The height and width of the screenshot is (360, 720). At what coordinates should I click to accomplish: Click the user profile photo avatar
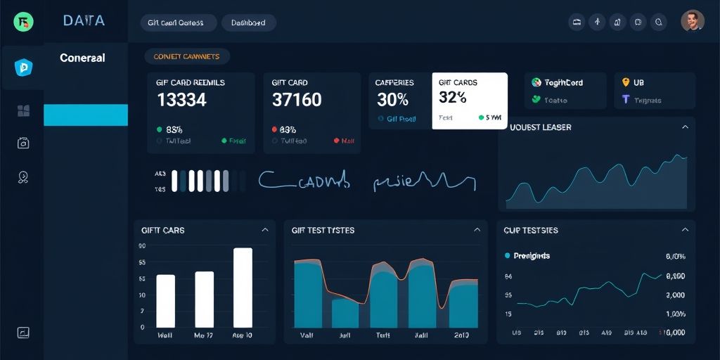[x=693, y=21]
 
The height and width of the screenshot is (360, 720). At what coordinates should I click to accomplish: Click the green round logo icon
[x=23, y=22]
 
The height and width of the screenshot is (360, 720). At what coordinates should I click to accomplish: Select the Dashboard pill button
[x=249, y=22]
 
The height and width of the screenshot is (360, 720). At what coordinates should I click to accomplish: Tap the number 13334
[x=181, y=100]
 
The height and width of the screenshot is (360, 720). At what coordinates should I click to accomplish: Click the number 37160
[x=296, y=100]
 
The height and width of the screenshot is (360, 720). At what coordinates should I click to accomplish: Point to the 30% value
[x=392, y=100]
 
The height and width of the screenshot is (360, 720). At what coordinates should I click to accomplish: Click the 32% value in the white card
[x=453, y=98]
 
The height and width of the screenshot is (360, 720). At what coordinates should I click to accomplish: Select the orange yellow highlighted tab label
[x=186, y=56]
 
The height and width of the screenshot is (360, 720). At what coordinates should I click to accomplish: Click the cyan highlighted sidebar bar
[x=86, y=115]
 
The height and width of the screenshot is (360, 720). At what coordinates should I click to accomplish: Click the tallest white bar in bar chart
[x=243, y=288]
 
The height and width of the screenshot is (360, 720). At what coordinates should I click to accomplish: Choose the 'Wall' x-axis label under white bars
[x=166, y=336]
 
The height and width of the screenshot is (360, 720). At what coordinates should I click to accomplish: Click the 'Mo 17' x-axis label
[x=204, y=336]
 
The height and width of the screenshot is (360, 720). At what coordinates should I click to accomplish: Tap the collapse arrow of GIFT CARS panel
[x=265, y=230]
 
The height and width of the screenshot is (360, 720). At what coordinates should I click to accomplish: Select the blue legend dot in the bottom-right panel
[x=507, y=256]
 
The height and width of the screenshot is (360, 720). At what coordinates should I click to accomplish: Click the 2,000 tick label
[x=675, y=295]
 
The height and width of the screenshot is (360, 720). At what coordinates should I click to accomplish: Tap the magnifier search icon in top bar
[x=659, y=22]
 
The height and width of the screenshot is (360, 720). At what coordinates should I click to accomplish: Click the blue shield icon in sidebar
[x=22, y=67]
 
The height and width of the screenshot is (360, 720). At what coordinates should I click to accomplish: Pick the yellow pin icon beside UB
[x=625, y=82]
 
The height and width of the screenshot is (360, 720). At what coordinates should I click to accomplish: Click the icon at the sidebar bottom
[x=23, y=333]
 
